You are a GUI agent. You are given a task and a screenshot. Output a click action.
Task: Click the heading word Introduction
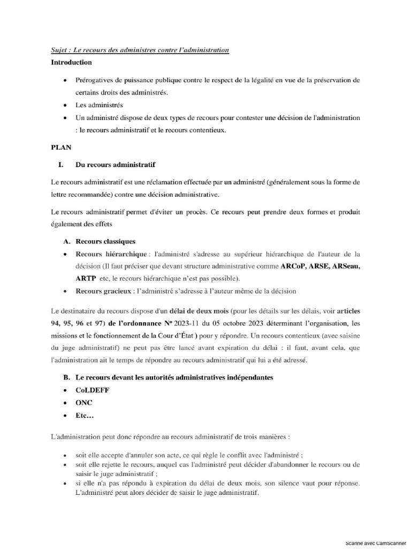pyautogui.click(x=71, y=62)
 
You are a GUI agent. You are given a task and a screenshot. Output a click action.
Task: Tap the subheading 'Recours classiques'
pyautogui.click(x=105, y=242)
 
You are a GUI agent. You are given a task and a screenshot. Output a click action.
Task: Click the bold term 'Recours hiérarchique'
pyautogui.click(x=111, y=254)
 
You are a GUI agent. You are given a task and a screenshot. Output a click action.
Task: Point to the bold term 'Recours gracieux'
pyautogui.click(x=103, y=291)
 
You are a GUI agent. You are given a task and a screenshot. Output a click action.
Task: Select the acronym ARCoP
pyautogui.click(x=294, y=266)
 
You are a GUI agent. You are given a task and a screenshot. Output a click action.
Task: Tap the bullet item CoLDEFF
pyautogui.click(x=93, y=390)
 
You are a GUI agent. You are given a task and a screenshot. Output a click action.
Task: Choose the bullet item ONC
pyautogui.click(x=84, y=403)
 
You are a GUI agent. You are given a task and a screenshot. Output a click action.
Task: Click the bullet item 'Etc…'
pyautogui.click(x=85, y=416)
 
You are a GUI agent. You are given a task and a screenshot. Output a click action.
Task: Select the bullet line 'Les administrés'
pyautogui.click(x=99, y=105)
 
